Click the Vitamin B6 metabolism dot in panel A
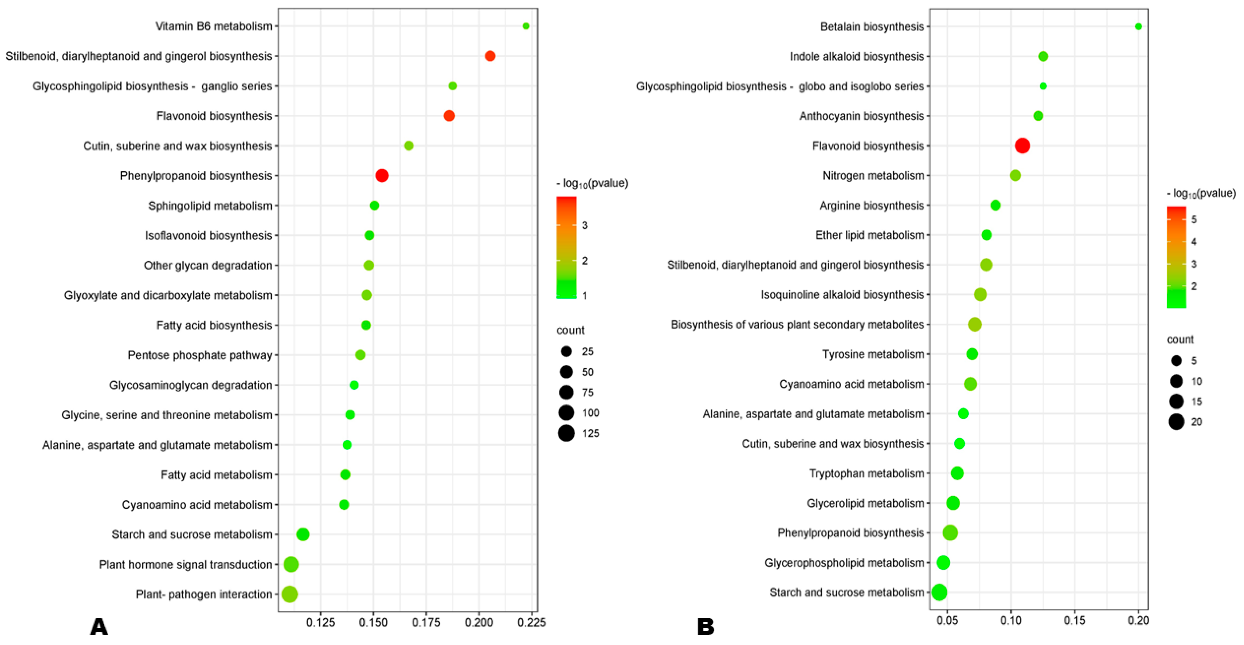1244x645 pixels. (x=526, y=26)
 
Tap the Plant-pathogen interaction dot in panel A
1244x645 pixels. (x=289, y=594)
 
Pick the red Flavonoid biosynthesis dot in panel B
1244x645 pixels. (x=1022, y=145)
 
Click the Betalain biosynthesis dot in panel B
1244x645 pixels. (x=1138, y=26)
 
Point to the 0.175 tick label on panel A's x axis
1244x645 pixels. (x=426, y=623)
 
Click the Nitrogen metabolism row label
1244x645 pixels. (x=873, y=176)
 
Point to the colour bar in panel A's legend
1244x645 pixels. (x=566, y=247)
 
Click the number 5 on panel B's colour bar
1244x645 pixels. (x=1194, y=220)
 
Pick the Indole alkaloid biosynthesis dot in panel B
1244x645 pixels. (x=1043, y=57)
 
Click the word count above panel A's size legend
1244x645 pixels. (x=570, y=330)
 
